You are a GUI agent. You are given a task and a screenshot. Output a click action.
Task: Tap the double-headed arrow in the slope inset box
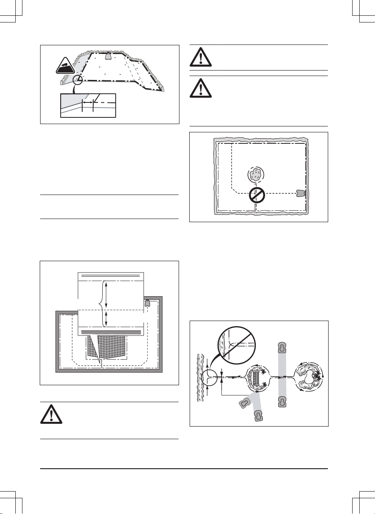(x=87, y=102)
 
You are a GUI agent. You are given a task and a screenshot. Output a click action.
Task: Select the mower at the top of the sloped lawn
(x=108, y=56)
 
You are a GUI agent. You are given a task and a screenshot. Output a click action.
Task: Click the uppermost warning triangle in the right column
(x=201, y=57)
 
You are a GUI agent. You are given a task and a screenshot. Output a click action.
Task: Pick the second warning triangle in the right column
(x=201, y=88)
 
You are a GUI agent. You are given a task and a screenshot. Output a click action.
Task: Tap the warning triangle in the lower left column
(x=51, y=414)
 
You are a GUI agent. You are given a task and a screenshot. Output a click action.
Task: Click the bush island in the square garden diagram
(x=256, y=174)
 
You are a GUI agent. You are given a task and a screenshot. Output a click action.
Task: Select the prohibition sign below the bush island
(x=257, y=195)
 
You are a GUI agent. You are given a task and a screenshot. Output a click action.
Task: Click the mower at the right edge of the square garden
(x=301, y=193)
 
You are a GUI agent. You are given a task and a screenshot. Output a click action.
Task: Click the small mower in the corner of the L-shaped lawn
(x=147, y=303)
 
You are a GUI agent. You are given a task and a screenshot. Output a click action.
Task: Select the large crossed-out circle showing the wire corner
(x=237, y=345)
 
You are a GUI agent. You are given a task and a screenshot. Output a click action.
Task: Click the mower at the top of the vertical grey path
(x=281, y=347)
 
